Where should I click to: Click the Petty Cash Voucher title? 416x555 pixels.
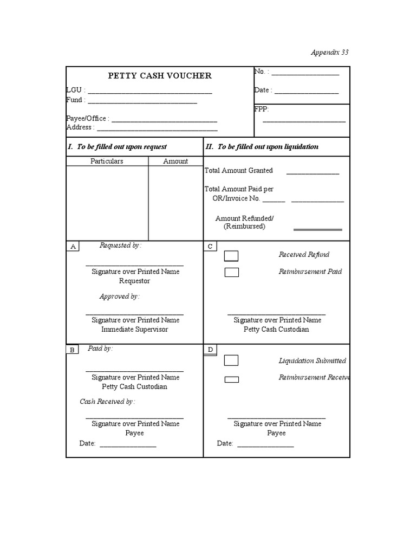pos(160,76)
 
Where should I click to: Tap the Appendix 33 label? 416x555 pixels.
pos(329,53)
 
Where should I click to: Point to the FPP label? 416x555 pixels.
pos(261,109)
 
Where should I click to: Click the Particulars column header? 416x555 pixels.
pos(107,161)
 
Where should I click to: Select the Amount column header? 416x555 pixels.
pos(175,161)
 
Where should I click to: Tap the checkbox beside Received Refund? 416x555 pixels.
pos(231,256)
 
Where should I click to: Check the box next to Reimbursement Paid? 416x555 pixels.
pos(231,272)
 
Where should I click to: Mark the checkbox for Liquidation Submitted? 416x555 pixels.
pos(231,360)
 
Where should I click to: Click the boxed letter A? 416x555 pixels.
pos(73,247)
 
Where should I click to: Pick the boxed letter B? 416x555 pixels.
pos(72,350)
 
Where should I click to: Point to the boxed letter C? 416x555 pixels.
pos(210,247)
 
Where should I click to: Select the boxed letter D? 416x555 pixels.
pos(210,350)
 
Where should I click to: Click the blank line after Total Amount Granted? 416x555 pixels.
pos(313,173)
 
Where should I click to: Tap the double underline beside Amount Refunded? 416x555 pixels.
pos(317,230)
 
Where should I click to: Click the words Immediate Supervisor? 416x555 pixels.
pos(135,330)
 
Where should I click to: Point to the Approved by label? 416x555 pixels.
pos(119,296)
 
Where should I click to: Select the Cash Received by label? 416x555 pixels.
pos(107,402)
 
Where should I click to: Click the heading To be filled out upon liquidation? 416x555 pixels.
pos(262,147)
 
